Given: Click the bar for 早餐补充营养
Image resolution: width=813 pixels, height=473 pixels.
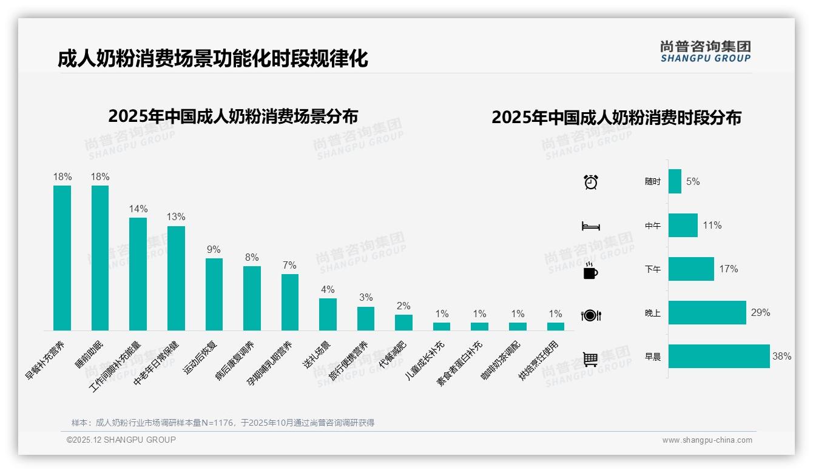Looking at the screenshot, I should click(x=62, y=258).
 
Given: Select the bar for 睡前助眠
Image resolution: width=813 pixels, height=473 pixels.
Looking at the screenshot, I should click(x=100, y=258).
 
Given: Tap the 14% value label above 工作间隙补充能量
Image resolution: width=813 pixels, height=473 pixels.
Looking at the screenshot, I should click(x=138, y=209).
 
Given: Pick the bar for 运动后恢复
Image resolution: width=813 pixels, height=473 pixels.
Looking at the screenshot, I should click(x=214, y=294).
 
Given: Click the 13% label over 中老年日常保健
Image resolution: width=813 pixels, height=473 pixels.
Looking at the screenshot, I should click(x=176, y=216).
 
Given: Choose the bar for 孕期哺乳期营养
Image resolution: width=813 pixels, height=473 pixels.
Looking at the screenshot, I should click(x=290, y=302).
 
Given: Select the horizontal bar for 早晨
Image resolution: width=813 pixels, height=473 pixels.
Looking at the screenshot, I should click(x=719, y=357).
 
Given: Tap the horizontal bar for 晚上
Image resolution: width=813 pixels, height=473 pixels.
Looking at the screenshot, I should click(x=707, y=313).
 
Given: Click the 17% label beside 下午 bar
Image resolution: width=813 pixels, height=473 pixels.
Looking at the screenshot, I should click(x=729, y=269).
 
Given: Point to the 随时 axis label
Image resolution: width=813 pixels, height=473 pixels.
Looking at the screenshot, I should click(x=653, y=181).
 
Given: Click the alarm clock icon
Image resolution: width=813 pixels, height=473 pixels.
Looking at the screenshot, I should click(x=591, y=182).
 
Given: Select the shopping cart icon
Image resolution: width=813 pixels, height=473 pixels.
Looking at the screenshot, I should click(x=590, y=359).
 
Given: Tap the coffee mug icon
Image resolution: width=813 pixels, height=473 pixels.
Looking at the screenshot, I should click(x=590, y=270).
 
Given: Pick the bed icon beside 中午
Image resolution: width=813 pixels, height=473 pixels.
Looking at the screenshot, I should click(x=590, y=226).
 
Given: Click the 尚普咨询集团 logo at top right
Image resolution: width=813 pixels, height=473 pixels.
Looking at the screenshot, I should click(x=705, y=52).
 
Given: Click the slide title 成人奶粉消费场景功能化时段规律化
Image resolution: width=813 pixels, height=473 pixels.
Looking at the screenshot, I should click(x=213, y=59).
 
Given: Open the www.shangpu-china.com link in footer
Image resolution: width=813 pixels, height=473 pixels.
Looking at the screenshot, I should click(x=707, y=440).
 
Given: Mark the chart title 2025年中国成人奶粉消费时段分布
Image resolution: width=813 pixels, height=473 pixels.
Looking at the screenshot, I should click(x=616, y=118).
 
